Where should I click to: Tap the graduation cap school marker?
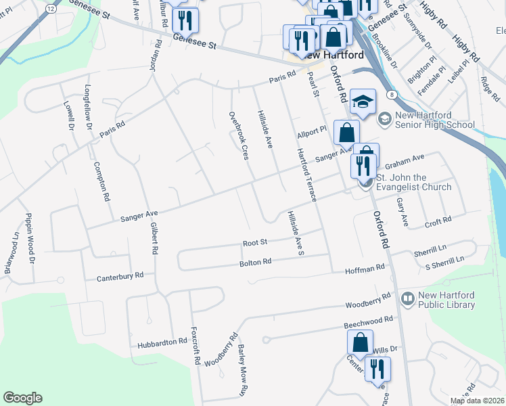[363, 102]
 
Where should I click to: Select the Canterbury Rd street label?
[120, 276]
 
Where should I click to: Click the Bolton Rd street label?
[256, 261]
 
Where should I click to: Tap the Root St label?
[256, 242]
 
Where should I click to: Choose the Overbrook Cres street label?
[237, 136]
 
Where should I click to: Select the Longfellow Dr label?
[88, 106]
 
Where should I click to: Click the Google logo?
[22, 398]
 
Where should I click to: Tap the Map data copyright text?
[477, 401]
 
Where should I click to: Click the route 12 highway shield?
[51, 7]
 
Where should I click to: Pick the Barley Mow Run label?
[241, 369]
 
